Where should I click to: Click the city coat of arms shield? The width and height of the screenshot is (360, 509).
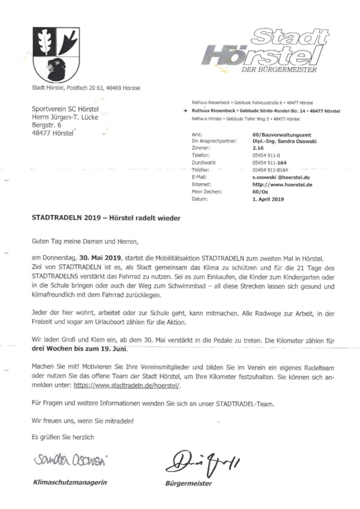click(52, 52)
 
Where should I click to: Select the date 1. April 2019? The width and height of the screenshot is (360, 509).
click(268, 200)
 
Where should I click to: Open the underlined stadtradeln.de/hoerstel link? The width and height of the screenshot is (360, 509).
click(127, 386)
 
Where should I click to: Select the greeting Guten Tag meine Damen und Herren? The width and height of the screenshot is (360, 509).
click(85, 240)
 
